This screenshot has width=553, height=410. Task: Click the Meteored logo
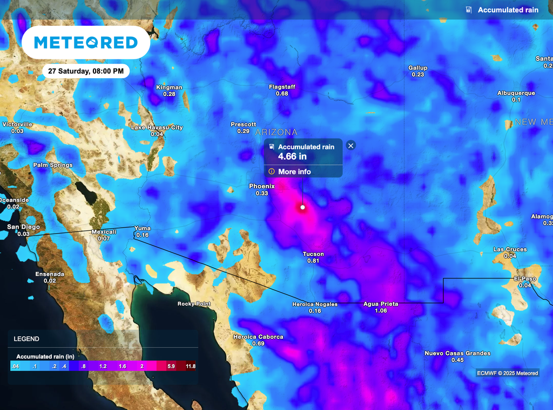click(x=86, y=43)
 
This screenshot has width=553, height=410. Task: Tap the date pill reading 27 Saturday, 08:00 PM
click(x=86, y=71)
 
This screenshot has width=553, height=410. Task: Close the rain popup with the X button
click(x=350, y=145)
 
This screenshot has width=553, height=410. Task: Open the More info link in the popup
click(x=294, y=172)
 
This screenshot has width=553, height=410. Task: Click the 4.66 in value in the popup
click(x=292, y=156)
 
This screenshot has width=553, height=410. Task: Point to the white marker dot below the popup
click(x=302, y=207)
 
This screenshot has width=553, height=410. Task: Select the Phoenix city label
click(x=262, y=186)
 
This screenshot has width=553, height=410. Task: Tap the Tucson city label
click(x=313, y=254)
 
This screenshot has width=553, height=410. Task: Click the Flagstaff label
click(x=282, y=87)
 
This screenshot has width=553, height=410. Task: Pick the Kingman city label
click(x=169, y=87)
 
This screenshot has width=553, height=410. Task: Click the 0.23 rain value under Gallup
click(x=418, y=74)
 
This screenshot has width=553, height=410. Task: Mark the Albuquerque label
click(x=516, y=93)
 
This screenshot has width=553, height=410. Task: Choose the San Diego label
click(x=23, y=227)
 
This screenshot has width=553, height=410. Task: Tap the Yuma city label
click(x=143, y=228)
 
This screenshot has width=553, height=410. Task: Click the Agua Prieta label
click(x=381, y=304)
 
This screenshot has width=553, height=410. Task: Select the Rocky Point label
click(x=194, y=304)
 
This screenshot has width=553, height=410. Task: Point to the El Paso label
click(x=525, y=278)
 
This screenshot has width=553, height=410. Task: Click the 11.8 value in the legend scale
click(x=191, y=366)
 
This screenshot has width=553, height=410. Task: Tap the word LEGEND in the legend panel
click(x=26, y=339)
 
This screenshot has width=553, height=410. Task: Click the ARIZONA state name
click(x=276, y=132)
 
